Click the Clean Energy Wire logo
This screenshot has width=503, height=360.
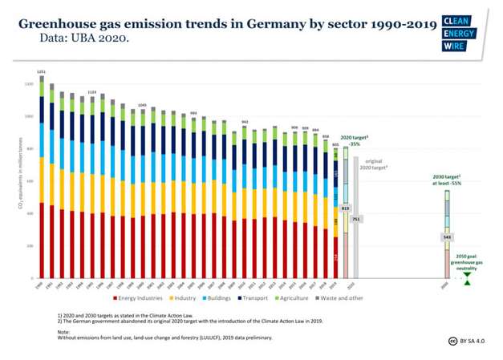pyautogui.click(x=459, y=33)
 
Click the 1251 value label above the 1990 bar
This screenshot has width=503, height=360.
pyautogui.click(x=41, y=72)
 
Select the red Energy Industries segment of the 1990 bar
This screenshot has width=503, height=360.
pyautogui.click(x=41, y=241)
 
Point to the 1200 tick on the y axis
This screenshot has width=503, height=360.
pyautogui.click(x=28, y=83)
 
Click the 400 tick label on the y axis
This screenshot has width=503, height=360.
pyautogui.click(x=29, y=213)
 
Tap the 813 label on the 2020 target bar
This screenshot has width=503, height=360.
pyautogui.click(x=345, y=208)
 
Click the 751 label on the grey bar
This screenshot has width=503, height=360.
pyautogui.click(x=356, y=219)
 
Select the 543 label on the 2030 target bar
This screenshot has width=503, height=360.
pyautogui.click(x=447, y=237)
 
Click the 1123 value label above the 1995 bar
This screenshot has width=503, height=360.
pyautogui.click(x=92, y=92)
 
